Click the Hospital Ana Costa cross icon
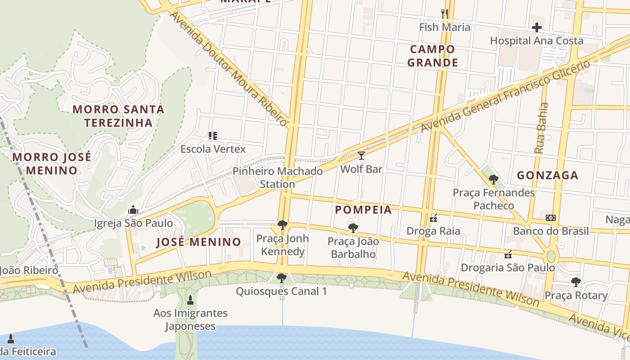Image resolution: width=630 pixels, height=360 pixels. (x=536, y=27)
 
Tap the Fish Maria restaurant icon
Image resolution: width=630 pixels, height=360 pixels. (x=445, y=13)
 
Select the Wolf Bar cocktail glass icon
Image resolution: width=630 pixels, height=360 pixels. (x=361, y=156)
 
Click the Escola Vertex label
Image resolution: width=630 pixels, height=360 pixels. (x=213, y=149)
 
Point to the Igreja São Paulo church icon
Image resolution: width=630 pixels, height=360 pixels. (x=133, y=210)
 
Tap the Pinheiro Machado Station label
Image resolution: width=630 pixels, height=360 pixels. (x=278, y=178)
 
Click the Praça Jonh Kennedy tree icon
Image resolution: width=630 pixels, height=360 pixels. (x=282, y=225)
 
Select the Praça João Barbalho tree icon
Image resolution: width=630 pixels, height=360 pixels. (x=353, y=228)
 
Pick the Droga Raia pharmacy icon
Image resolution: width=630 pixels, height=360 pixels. (x=433, y=218)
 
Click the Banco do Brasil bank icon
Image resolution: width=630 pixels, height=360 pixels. (x=550, y=218)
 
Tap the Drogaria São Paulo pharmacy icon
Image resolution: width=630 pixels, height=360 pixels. (x=508, y=255)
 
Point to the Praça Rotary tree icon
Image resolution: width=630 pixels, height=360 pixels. (x=576, y=282)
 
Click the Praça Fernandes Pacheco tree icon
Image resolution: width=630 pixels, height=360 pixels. (x=493, y=180)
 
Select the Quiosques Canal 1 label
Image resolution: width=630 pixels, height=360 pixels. (x=281, y=291)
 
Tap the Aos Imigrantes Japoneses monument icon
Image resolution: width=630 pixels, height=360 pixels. (x=190, y=300)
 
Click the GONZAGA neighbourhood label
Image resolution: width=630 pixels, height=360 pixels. (x=547, y=175)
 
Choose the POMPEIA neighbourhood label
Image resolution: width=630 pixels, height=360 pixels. (x=363, y=210)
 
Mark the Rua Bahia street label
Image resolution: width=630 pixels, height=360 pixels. (x=541, y=128)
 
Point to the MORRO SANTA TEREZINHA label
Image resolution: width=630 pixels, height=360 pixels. (x=118, y=116)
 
